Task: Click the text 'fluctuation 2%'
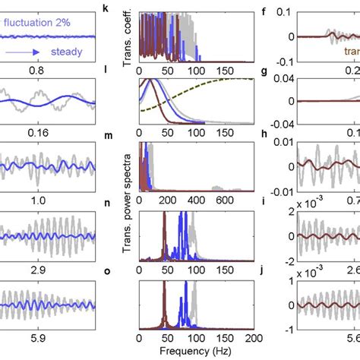(x=41, y=23)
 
